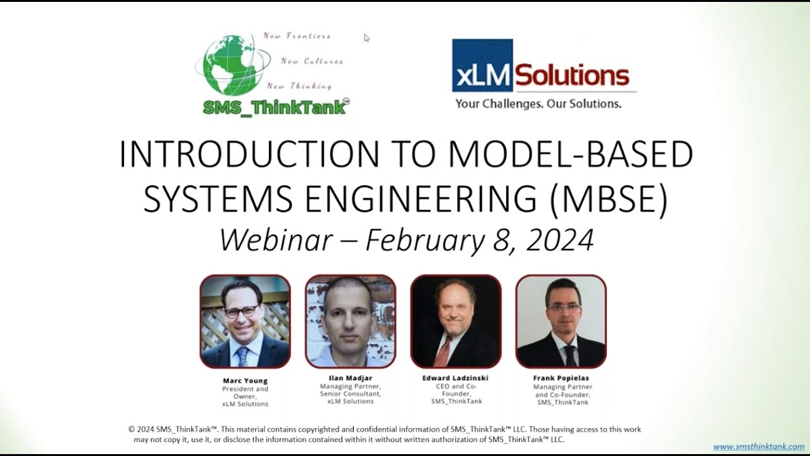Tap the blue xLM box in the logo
tap(482, 66)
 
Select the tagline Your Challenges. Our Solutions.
tap(538, 103)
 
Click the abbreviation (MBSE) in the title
tap(608, 199)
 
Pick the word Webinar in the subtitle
tap(276, 241)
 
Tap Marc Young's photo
tap(246, 322)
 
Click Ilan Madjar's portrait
tap(351, 322)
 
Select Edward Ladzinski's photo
tap(456, 322)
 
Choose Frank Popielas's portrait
tap(561, 322)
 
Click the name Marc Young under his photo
tap(245, 381)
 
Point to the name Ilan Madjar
tap(351, 378)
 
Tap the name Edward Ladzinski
tap(456, 378)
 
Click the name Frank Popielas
tap(563, 378)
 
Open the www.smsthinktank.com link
tap(758, 446)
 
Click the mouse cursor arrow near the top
tap(366, 37)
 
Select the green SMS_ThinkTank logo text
tap(274, 108)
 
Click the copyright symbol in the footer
tap(132, 429)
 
